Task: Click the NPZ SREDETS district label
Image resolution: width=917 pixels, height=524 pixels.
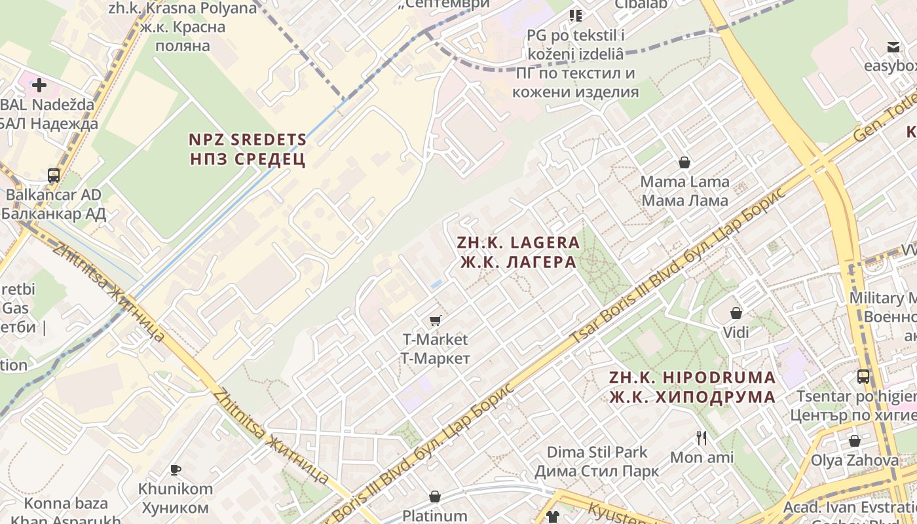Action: tap(248, 149)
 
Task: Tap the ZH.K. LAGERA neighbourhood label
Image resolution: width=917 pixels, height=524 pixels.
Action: tap(518, 252)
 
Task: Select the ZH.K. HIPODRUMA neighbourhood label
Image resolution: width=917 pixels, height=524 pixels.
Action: tap(692, 387)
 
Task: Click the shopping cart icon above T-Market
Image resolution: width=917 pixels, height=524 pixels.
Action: tap(435, 320)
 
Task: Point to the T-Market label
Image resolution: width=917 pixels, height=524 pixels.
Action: tap(435, 348)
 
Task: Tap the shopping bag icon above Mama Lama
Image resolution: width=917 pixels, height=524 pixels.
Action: tap(684, 162)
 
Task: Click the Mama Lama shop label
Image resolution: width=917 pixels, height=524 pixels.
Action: tap(684, 191)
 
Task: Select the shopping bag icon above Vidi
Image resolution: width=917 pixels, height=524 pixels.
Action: tap(736, 313)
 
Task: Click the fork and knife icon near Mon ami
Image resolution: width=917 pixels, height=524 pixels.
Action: tap(702, 438)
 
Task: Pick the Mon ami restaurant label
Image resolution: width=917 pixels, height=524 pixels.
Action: tap(702, 457)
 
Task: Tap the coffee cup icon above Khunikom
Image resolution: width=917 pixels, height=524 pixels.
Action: tap(175, 470)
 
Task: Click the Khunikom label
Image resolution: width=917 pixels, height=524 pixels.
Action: tap(175, 498)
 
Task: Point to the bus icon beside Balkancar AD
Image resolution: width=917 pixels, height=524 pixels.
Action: tap(54, 176)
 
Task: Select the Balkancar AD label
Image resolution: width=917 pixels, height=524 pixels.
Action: tap(54, 204)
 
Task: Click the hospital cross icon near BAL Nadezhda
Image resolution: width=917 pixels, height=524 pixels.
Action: tap(39, 84)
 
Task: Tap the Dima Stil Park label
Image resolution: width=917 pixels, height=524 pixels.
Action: tap(597, 461)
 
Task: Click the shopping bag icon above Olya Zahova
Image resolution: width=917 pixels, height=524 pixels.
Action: tap(855, 441)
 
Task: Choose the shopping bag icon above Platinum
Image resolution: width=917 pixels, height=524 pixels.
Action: tap(434, 497)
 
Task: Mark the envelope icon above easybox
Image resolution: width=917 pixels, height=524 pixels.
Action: tap(893, 47)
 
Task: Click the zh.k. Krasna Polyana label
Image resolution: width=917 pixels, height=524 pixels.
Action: tap(183, 27)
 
